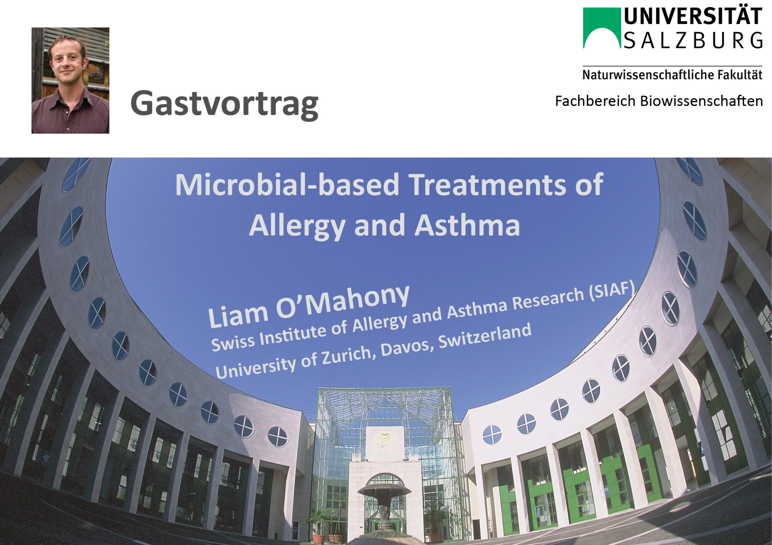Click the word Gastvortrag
[x=224, y=104]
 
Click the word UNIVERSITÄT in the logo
[x=693, y=17]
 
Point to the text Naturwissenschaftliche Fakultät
[x=672, y=75]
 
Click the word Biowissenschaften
[x=701, y=101]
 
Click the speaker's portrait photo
[x=70, y=80]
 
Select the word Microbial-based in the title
[x=287, y=185]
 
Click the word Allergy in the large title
[x=297, y=226]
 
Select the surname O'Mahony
[x=343, y=302]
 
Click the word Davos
[x=406, y=348]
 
